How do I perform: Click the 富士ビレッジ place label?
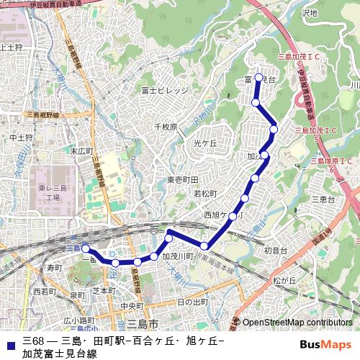(x=165, y=90)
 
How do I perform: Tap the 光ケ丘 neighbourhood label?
(x=205, y=144)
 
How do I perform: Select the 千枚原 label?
(x=166, y=127)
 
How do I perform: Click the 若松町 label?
(x=205, y=194)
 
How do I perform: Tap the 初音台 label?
(x=275, y=250)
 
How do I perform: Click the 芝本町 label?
(x=104, y=291)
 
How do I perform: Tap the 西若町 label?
(x=45, y=292)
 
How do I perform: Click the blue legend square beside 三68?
(x=10, y=341)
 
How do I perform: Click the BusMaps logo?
(x=325, y=345)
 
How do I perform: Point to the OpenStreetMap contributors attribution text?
(x=297, y=323)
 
